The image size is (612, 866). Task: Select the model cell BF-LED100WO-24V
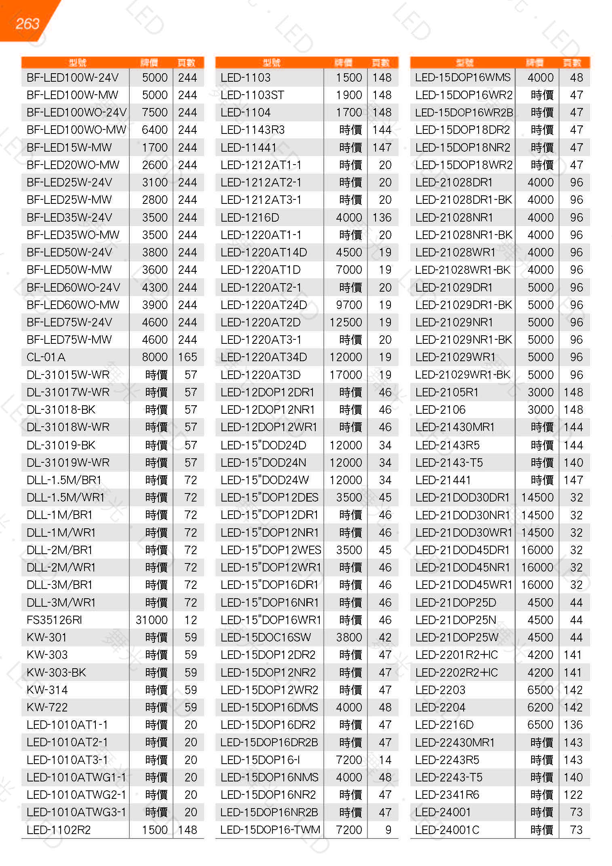76,112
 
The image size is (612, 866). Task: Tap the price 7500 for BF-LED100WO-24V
154,112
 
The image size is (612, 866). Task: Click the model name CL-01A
46,357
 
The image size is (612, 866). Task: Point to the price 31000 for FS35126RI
152,620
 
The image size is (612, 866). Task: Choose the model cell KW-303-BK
56,673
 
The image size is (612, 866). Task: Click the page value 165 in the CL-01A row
188,357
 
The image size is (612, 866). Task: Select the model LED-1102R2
59,830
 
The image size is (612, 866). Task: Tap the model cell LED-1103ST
252,95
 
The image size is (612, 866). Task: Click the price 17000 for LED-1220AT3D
346,375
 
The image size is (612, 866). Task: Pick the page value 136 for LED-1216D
382,218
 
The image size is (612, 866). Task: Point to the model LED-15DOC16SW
266,637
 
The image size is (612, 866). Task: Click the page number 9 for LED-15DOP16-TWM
388,830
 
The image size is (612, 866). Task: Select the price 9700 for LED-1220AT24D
349,305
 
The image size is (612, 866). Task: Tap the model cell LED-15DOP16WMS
463,78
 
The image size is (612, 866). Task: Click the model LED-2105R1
447,392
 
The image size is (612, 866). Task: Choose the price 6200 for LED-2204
540,707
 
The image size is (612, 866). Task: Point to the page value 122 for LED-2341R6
573,795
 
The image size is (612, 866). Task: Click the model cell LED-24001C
447,830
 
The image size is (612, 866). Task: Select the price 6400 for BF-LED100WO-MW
154,130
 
